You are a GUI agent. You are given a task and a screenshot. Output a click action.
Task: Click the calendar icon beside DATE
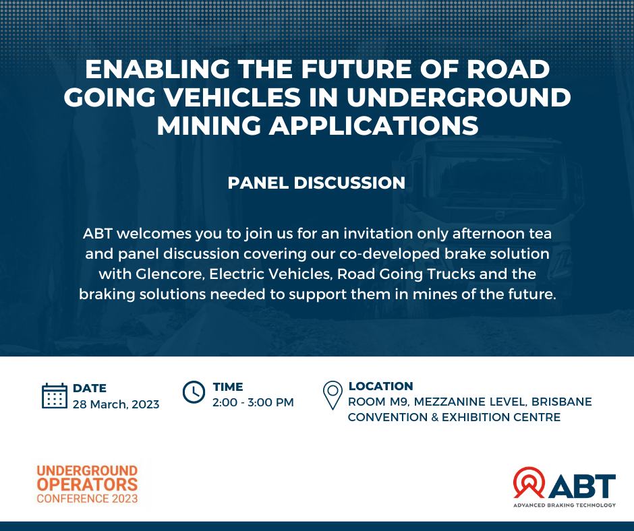pyautogui.click(x=55, y=396)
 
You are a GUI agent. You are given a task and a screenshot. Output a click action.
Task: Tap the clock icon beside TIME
pyautogui.click(x=194, y=392)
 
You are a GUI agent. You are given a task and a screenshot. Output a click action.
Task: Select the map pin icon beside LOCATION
pyautogui.click(x=333, y=396)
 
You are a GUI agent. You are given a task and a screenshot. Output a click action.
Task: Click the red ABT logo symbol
pyautogui.click(x=529, y=482)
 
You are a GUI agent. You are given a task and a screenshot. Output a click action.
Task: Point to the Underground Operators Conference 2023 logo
pyautogui.click(x=87, y=484)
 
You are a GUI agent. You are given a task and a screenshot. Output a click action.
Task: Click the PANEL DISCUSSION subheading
pyautogui.click(x=316, y=183)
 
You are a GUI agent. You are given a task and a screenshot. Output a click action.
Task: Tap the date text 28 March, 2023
pyautogui.click(x=116, y=404)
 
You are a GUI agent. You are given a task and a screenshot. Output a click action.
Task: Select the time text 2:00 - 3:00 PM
pyautogui.click(x=253, y=402)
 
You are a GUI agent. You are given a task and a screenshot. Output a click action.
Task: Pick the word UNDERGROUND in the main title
pyautogui.click(x=459, y=98)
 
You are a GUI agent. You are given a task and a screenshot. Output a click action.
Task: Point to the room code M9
pyautogui.click(x=399, y=402)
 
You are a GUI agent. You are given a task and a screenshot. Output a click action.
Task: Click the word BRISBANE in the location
pyautogui.click(x=562, y=402)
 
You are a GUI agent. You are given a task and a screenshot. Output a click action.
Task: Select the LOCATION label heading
pyautogui.click(x=381, y=386)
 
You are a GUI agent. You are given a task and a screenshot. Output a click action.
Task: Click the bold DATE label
pyautogui.click(x=89, y=388)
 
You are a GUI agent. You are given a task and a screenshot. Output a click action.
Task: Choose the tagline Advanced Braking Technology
pyautogui.click(x=565, y=505)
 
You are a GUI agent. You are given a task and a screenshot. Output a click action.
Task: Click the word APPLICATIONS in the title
pyautogui.click(x=374, y=125)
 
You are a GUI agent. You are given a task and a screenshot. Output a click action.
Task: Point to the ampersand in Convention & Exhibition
pyautogui.click(x=434, y=417)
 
